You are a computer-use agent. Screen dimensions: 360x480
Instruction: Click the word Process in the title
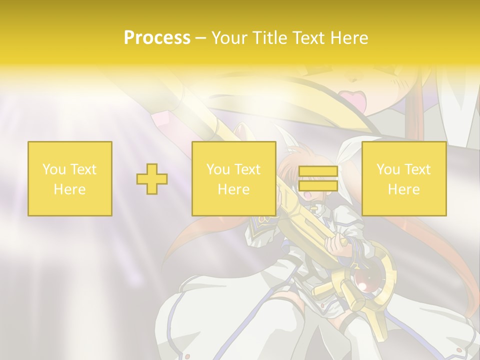(x=157, y=38)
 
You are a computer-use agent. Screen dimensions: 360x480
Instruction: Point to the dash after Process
(x=201, y=38)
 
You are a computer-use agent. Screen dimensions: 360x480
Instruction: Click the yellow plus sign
(x=152, y=179)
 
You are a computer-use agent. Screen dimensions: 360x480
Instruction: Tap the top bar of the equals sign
(x=318, y=171)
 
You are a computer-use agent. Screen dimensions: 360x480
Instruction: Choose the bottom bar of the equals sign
(x=318, y=186)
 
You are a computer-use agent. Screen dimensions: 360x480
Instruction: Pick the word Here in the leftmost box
(x=69, y=189)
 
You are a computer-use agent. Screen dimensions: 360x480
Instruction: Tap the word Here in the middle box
(x=233, y=189)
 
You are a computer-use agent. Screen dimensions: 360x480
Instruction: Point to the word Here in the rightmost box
(x=403, y=189)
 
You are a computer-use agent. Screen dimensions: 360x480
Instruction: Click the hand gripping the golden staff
(x=335, y=246)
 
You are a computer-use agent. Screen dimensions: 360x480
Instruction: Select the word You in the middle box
(x=218, y=169)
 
